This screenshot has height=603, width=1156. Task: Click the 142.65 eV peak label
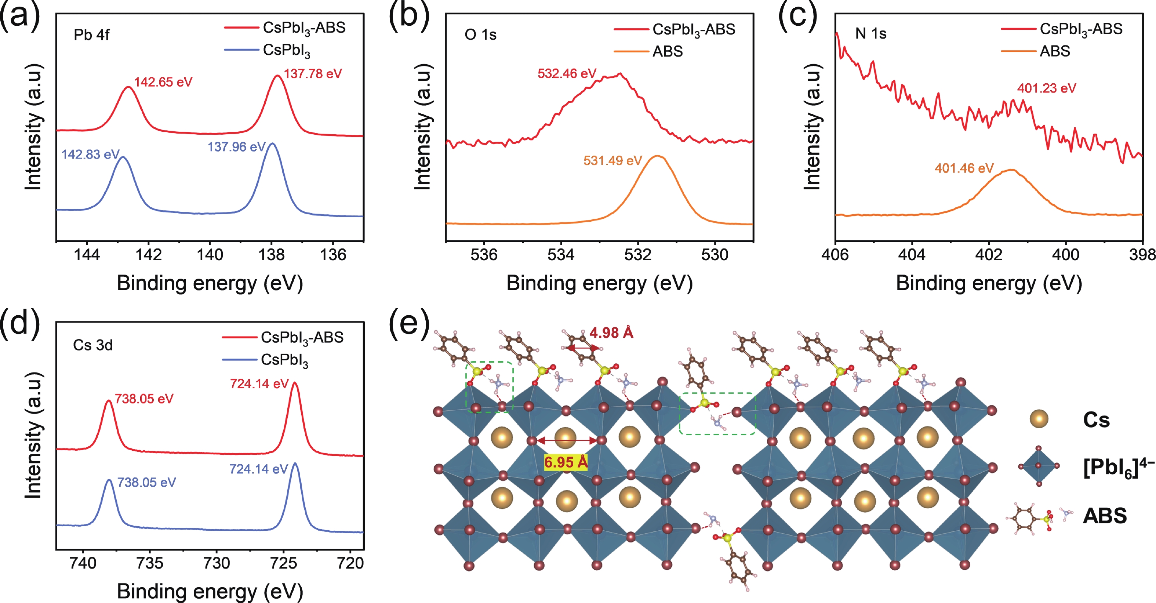(163, 82)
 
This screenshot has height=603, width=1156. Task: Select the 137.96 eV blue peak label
(236, 147)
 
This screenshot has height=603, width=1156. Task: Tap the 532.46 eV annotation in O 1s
(567, 73)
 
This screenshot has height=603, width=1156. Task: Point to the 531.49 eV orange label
(612, 161)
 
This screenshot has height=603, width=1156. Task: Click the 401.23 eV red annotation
(1047, 88)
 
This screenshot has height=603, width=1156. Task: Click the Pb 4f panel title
(91, 35)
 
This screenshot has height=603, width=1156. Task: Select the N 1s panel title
(870, 34)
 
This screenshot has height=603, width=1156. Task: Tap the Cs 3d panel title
(93, 345)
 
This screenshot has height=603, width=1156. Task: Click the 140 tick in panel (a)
(210, 255)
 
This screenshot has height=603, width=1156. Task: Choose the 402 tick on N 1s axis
(989, 255)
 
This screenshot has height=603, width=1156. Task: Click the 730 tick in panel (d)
(217, 563)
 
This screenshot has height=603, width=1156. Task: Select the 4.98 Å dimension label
(611, 333)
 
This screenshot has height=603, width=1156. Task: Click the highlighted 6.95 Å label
(566, 462)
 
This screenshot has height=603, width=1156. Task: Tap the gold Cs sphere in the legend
(1039, 419)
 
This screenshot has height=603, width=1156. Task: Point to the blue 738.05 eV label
(146, 483)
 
